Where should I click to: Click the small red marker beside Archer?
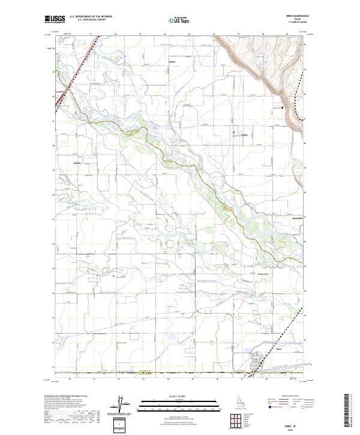point(234,133)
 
